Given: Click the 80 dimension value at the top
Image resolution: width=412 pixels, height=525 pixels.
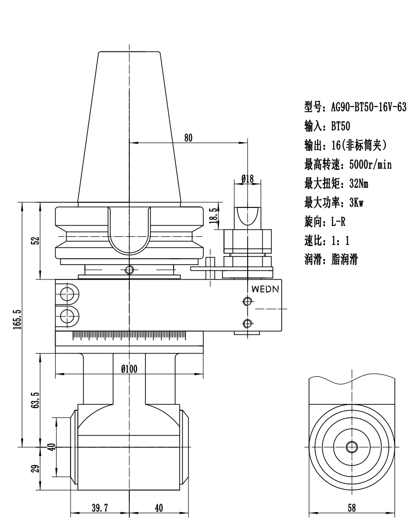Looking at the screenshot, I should [x=188, y=137].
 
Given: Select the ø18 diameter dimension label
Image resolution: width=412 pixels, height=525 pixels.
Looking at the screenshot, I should [x=248, y=178].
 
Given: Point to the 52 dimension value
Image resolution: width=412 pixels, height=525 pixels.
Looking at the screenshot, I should [x=35, y=241].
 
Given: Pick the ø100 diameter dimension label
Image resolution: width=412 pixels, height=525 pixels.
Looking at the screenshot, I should [x=129, y=368].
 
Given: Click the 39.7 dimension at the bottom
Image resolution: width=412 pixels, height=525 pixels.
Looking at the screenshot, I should [x=99, y=508].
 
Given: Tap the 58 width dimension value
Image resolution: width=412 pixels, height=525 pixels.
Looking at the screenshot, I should [x=352, y=508].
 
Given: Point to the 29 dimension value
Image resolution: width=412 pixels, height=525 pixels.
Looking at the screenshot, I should [x=35, y=469].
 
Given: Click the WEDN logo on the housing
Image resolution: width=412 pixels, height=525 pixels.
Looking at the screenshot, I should [x=266, y=289].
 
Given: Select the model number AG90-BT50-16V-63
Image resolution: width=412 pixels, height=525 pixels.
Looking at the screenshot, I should [x=367, y=107].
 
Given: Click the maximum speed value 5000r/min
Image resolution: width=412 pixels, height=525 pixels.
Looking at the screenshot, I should [x=371, y=165].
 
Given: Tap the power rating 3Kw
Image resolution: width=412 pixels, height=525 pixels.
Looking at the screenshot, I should [x=356, y=203].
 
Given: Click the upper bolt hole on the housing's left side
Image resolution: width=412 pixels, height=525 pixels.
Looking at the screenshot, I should [x=66, y=294].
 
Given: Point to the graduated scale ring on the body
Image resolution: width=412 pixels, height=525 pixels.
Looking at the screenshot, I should [x=129, y=336].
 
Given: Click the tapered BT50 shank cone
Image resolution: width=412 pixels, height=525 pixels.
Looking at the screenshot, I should [x=129, y=129].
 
